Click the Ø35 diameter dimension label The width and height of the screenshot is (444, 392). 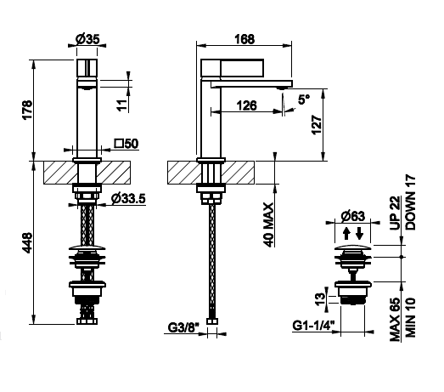point(87,39)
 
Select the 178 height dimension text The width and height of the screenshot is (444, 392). point(28,111)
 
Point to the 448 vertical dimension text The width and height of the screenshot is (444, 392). point(28,243)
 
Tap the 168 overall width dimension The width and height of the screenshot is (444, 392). point(244,39)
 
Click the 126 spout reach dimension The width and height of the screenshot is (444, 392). point(247,105)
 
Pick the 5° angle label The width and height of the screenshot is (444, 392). point(304,99)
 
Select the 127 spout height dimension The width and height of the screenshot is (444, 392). point(317,125)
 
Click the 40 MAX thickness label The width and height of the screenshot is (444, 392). point(268,224)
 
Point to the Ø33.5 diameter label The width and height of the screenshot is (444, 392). point(128,199)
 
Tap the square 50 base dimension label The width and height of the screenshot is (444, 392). point(126,144)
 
